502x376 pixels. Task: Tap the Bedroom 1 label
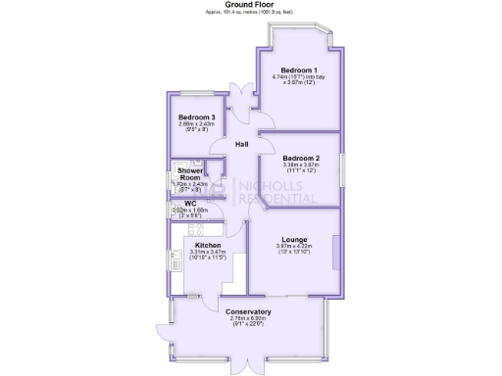point(299,70)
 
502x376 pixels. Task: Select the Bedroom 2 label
point(301,159)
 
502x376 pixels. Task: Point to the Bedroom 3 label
point(196,117)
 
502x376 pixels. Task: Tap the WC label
point(190,204)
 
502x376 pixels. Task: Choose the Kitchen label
point(208,246)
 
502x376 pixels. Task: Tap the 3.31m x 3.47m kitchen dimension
point(207,256)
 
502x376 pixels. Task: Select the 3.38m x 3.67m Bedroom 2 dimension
point(301,168)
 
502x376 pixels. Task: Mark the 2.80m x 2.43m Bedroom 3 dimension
point(196,127)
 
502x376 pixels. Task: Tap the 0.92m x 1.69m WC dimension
point(190,212)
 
